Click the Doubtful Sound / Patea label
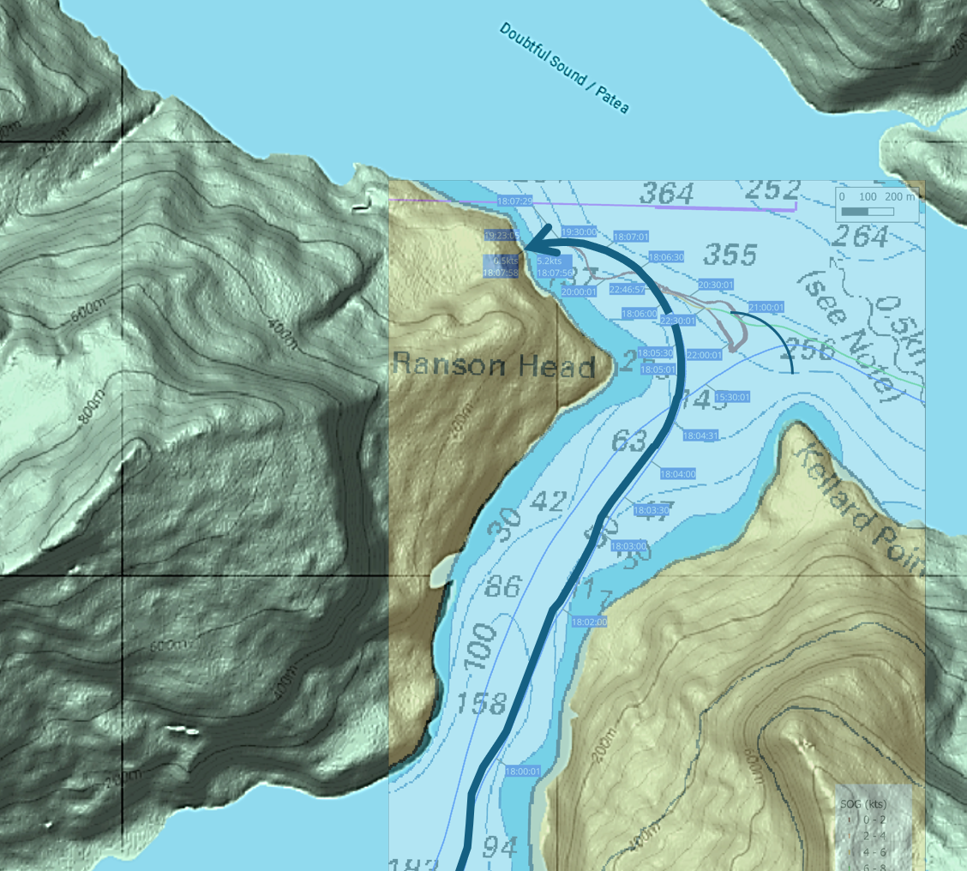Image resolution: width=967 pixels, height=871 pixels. [x=564, y=69]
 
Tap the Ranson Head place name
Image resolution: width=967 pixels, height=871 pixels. [x=494, y=366]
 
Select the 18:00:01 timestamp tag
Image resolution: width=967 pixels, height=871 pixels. [x=523, y=772]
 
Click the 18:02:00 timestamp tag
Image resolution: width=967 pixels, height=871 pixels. [x=589, y=622]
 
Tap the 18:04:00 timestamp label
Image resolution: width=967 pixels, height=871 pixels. [x=677, y=474]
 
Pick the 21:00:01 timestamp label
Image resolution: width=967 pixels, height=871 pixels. [x=766, y=307]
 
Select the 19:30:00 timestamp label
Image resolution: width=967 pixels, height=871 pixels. [x=579, y=231]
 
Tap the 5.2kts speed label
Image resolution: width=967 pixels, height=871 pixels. [x=550, y=261]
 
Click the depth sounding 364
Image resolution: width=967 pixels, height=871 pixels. [x=667, y=195]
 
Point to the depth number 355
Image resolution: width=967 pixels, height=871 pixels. [x=730, y=255]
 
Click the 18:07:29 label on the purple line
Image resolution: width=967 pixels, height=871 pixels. [x=514, y=200]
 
